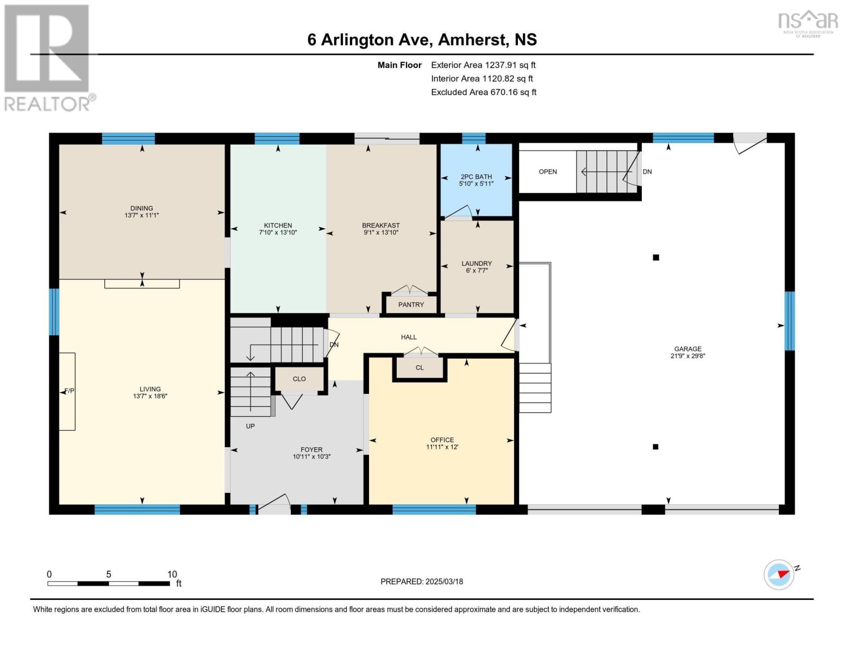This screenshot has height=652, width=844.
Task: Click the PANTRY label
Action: pos(411,305)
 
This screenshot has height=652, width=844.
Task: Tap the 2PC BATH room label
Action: pos(476,177)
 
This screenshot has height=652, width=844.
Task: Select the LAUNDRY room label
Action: pos(477,264)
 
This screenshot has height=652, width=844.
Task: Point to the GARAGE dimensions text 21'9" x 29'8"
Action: pos(687,356)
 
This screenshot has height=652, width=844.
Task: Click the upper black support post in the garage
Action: pos(656,258)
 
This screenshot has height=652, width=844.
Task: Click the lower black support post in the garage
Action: pos(655,447)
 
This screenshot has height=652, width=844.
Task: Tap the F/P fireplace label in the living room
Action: pos(69,391)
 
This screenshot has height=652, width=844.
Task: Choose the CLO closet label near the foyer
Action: pos(299,379)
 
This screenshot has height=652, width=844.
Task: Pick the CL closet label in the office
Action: pos(420,368)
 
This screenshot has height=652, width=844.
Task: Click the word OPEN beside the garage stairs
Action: pos(548,172)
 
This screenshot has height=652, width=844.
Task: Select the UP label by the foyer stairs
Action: pos(250,427)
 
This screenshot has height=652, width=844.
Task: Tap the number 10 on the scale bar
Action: pos(172,574)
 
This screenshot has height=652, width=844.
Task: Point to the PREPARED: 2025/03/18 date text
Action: pos(422,582)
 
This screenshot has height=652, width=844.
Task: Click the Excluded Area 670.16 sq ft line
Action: pos(484,92)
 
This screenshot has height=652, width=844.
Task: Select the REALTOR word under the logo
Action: pos(47,104)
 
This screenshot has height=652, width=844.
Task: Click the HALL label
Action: pos(409,337)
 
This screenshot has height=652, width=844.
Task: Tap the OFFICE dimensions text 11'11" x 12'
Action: pos(442,447)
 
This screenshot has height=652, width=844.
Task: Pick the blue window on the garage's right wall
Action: pos(790,321)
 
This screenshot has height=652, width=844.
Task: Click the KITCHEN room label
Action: pos(278,225)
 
